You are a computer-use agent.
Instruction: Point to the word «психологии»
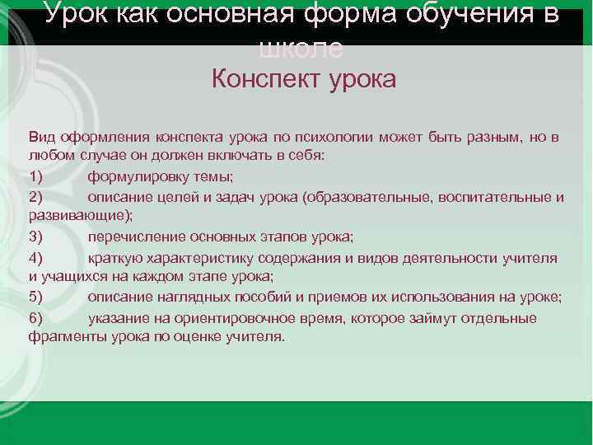coord(318,136)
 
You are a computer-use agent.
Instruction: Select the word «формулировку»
coord(135,176)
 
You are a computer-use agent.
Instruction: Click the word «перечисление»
coord(132,237)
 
